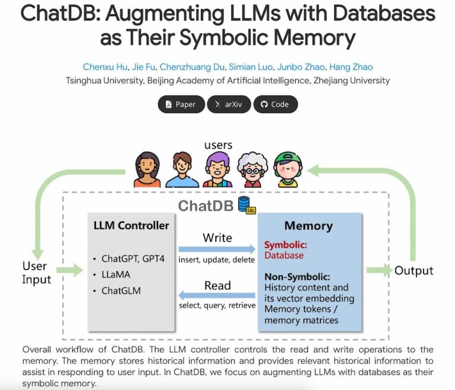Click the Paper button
coord(181,104)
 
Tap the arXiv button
coord(229,104)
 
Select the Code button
coord(275,104)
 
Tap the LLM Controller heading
coord(131,225)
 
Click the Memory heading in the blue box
coord(308,226)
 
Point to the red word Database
coord(284,255)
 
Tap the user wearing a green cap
coord(288,170)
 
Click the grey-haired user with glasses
coord(253,171)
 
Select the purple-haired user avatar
coord(217,170)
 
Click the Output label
coord(414,270)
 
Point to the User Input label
coord(37,273)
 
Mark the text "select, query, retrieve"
coord(217,306)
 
